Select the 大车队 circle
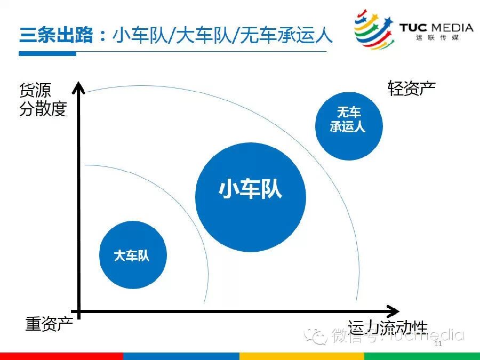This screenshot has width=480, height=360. (133, 255)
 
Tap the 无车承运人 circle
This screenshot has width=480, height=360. (349, 126)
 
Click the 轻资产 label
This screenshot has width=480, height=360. (411, 88)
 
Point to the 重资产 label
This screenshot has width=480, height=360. (49, 323)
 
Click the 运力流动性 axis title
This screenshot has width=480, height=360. (388, 327)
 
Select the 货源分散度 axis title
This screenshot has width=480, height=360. (43, 99)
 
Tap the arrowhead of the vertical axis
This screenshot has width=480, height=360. (79, 87)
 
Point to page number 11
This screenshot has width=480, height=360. (439, 344)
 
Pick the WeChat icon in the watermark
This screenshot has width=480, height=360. (318, 336)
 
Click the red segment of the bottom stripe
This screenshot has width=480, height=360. (61, 356)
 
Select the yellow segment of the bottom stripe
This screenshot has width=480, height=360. (301, 356)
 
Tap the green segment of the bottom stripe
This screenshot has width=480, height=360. (422, 356)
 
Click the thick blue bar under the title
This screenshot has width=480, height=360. (47, 53)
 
